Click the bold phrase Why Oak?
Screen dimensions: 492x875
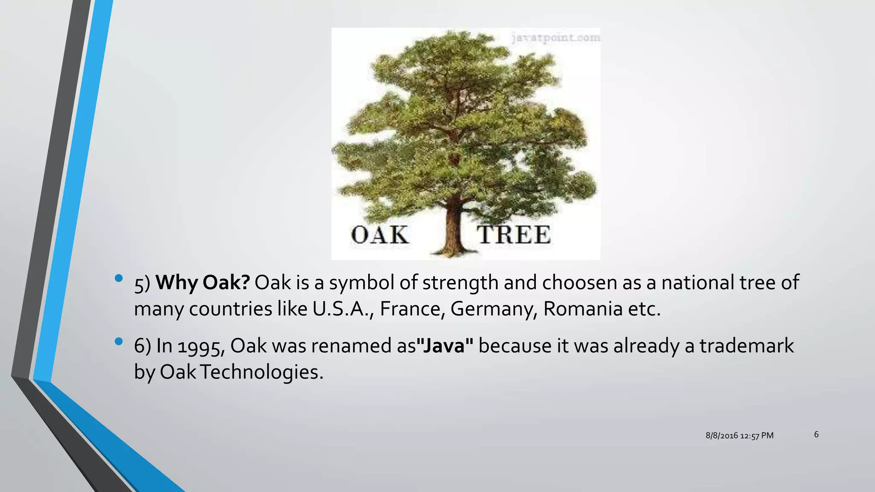pyautogui.click(x=203, y=283)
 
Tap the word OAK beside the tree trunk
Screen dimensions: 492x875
pyautogui.click(x=379, y=235)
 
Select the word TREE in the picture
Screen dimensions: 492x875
pyautogui.click(x=514, y=235)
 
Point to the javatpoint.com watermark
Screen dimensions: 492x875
pyautogui.click(x=555, y=38)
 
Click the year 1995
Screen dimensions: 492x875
pyautogui.click(x=201, y=346)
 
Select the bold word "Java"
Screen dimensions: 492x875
pyautogui.click(x=445, y=346)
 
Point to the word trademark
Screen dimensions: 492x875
pyautogui.click(x=746, y=346)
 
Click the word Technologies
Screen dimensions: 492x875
pyautogui.click(x=261, y=372)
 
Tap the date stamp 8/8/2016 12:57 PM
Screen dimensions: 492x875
pyautogui.click(x=739, y=436)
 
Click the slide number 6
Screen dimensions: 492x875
pyautogui.click(x=816, y=434)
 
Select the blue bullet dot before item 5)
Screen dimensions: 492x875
pyautogui.click(x=119, y=279)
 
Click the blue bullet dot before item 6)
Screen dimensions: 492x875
pyautogui.click(x=119, y=341)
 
